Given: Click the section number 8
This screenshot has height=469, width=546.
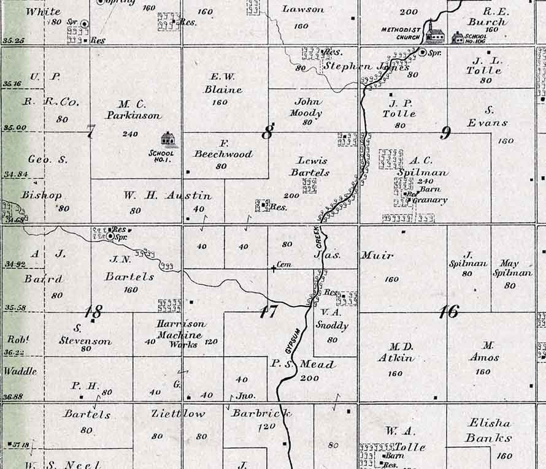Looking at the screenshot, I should coord(267,132).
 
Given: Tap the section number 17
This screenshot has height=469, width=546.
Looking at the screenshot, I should coord(267,311).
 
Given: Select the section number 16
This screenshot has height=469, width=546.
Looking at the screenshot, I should coord(448,311).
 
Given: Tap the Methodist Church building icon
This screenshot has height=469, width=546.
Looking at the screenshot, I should coord(435,35).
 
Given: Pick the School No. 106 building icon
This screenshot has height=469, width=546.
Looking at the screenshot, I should coord(458,38).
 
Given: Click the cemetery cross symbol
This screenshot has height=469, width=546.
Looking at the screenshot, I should coord(274,268).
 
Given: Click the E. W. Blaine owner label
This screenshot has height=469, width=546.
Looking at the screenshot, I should coord(223,83).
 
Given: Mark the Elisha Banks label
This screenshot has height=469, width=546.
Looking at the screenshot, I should coord(488,430).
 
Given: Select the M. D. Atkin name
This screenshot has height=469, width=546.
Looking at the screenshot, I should coord(396,353).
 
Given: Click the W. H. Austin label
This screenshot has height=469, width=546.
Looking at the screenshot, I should coord(167,196).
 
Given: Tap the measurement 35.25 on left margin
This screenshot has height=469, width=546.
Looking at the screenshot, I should coord(13,40).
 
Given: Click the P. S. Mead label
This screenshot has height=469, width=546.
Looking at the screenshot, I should coord(303,364).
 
